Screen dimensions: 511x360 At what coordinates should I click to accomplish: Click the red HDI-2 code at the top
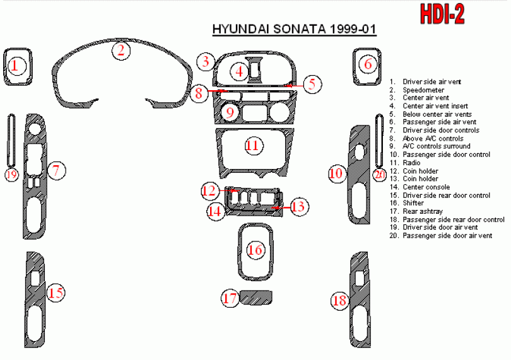tap(442, 14)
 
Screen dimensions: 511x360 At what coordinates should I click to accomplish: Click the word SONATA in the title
tap(300, 29)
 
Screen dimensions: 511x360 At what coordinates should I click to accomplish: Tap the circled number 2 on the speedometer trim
tap(121, 50)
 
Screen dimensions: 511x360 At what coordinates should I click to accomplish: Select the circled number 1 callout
tap(15, 66)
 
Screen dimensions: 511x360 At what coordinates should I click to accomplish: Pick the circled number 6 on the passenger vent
tap(368, 64)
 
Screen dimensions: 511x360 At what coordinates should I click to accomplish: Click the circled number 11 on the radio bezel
tap(253, 145)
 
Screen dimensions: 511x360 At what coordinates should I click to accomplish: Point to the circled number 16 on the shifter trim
tap(255, 250)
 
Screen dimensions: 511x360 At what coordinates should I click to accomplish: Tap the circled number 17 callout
tap(230, 298)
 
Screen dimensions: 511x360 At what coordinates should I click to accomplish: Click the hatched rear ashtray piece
tap(256, 297)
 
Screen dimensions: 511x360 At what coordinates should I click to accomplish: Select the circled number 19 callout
tap(11, 175)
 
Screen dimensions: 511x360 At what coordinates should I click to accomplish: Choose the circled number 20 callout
tap(379, 175)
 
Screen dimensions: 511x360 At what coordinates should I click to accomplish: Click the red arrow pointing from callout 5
tap(294, 85)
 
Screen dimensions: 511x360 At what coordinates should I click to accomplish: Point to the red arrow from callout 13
tap(281, 207)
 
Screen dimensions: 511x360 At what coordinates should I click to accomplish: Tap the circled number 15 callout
tap(56, 293)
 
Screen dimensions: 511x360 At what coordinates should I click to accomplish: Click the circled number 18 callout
tap(340, 300)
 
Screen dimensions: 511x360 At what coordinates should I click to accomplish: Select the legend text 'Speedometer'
tap(423, 90)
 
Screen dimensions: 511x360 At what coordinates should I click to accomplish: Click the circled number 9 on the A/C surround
tap(230, 112)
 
